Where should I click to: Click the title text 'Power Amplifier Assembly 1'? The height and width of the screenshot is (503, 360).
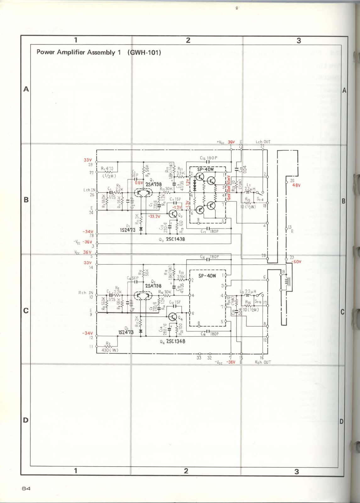coord(79,52)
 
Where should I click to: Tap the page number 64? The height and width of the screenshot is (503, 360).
coord(26,489)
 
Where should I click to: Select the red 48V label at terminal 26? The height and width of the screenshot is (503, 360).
coord(296,185)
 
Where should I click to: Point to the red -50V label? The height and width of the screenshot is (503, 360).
coord(296,262)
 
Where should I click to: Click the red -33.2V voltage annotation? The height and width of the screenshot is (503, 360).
coord(154,216)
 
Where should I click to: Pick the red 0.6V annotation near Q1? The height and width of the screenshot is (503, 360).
coord(139,182)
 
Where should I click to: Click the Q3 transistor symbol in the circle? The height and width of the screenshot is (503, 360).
coord(173,214)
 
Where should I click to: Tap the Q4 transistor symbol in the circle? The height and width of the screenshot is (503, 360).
coord(173,317)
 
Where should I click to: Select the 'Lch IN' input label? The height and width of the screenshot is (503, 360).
coord(89,190)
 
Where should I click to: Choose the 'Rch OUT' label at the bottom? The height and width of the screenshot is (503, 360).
coord(263,362)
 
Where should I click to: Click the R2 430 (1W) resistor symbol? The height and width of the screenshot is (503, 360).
coord(108,346)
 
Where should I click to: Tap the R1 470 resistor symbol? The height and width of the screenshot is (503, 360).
coord(108,172)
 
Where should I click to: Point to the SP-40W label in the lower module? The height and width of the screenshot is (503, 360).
coord(207,276)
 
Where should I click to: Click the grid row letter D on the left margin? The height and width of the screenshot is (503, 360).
coord(26,420)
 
